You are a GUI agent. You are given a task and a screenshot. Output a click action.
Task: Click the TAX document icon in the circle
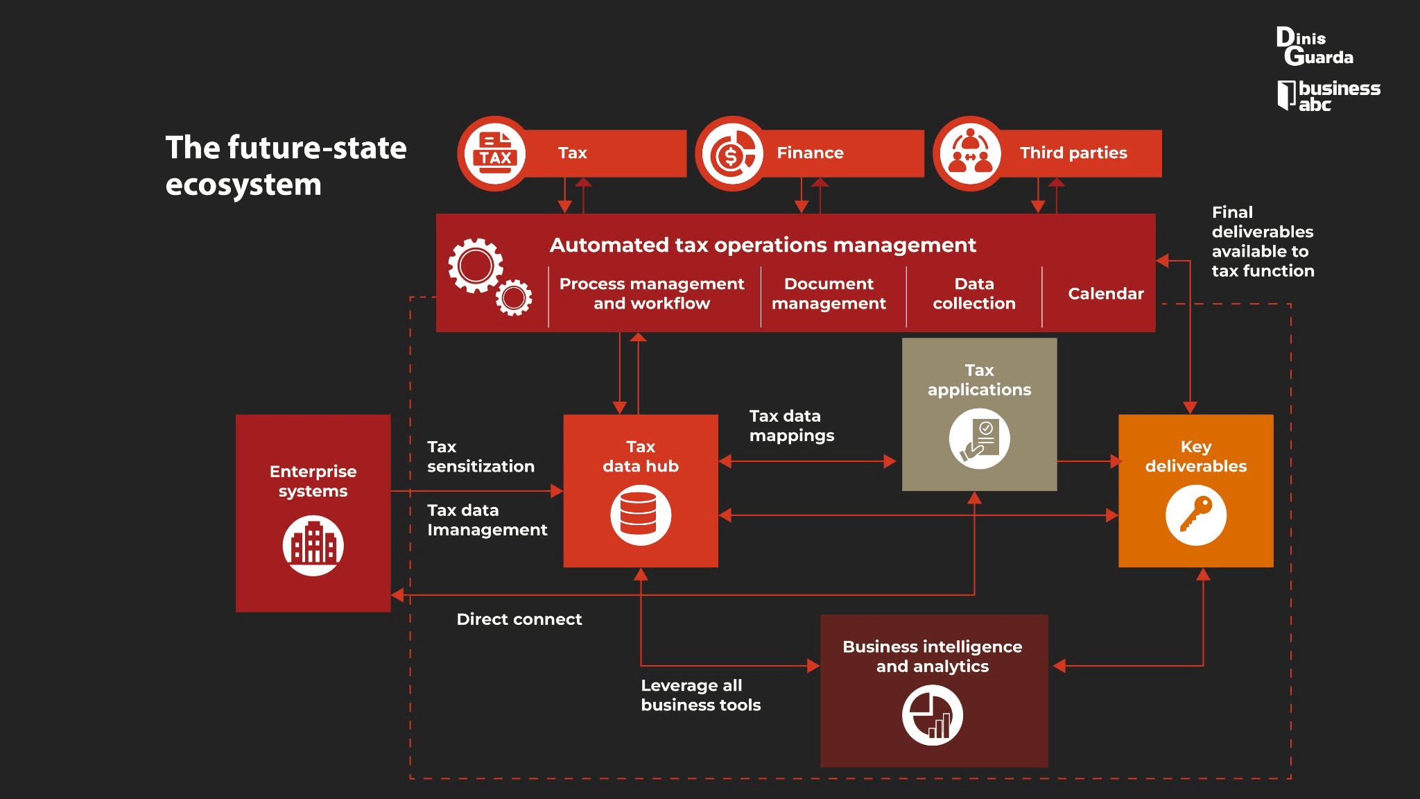point(494,153)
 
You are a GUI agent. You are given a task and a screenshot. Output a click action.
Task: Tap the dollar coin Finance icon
point(731,153)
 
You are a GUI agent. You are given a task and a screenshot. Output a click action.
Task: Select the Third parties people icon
point(970,153)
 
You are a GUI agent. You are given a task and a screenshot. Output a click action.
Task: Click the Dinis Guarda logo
point(1315,46)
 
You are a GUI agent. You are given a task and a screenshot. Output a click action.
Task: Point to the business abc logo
point(1328,96)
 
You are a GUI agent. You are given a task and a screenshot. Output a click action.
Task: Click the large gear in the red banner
point(476,266)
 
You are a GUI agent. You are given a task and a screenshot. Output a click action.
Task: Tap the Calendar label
point(1106,293)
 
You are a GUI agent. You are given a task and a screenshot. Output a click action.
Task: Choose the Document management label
point(829,293)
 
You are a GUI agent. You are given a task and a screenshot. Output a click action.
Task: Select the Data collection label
point(974,293)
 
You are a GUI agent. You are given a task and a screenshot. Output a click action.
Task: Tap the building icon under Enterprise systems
point(313,546)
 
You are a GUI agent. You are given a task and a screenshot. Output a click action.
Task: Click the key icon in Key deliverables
point(1196,515)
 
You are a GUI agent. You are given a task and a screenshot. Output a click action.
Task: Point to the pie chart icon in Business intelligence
point(933,715)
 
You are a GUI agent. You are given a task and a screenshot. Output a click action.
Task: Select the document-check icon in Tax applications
point(979,439)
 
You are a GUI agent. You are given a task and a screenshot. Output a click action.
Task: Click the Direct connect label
point(519,619)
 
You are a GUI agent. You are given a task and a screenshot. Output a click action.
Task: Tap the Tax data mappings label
point(792,425)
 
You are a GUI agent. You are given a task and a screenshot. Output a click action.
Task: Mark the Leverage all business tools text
point(701,695)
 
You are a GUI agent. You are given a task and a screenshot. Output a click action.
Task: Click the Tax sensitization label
point(480,456)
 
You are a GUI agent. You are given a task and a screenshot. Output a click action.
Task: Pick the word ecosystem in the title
point(243,185)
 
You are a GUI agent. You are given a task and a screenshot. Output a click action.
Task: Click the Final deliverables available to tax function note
point(1263,241)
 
